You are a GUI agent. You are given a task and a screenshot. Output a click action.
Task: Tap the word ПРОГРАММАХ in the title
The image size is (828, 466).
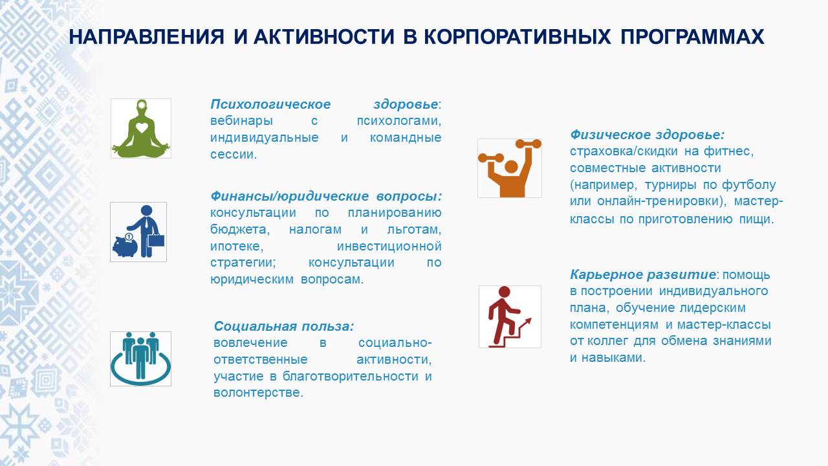coord(692,37)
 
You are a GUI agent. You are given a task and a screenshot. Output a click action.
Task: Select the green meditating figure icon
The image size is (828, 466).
coord(141,128)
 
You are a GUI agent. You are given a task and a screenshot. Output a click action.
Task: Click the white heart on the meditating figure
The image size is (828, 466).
coord(142,128)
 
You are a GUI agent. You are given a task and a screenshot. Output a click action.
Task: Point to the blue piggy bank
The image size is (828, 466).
coord(125,245)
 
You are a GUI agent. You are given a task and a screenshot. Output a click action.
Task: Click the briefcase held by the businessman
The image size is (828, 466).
coord(156,240)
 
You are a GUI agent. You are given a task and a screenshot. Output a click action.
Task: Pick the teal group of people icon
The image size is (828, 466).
coord(140,359)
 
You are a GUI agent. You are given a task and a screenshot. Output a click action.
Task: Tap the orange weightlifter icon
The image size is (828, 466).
coord(509,168)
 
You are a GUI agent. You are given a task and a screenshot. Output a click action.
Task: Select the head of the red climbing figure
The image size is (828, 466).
coord(504,292)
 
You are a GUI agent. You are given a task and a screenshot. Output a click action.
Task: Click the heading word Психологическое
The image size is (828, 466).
coord(270,104)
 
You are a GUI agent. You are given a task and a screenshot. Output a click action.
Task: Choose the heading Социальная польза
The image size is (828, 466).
coord(284,326)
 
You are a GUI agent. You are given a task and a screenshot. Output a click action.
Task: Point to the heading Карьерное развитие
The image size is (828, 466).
coord(643,274)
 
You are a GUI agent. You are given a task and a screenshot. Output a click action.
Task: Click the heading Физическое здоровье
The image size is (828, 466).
coord(647,135)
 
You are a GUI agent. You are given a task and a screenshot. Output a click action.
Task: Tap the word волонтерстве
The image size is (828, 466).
coord(258,393)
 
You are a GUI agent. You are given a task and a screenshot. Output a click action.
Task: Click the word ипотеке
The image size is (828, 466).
coord(237,246)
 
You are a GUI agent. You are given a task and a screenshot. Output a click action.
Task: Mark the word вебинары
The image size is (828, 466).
coord(242,121)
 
